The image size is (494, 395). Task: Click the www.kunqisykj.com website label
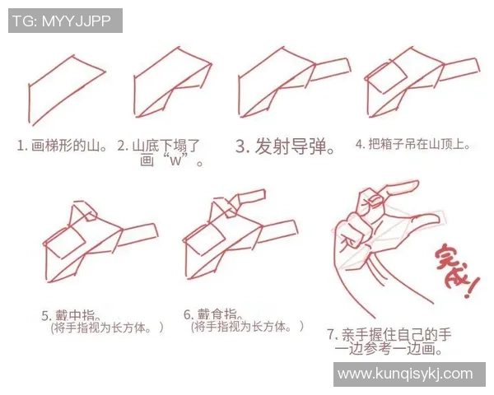405,374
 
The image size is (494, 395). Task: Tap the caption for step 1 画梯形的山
63,146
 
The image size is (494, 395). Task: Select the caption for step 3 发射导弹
285,146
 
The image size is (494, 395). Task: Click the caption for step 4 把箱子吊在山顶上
412,144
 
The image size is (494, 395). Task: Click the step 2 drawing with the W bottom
169,86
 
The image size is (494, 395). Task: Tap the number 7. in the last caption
332,335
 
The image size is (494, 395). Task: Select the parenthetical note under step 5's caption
107,327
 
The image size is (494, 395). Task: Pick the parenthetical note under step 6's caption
247,327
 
